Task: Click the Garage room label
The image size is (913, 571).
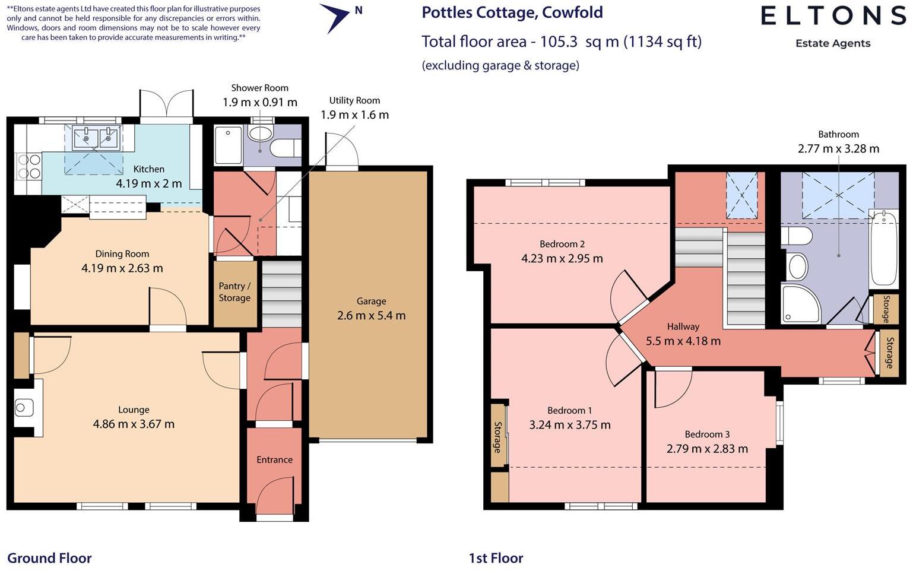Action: [371, 301]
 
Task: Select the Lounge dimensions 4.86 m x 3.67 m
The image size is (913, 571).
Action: [134, 424]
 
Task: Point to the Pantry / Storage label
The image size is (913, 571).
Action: [234, 292]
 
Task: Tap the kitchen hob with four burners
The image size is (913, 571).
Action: [28, 166]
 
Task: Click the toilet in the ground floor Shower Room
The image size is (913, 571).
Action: [286, 147]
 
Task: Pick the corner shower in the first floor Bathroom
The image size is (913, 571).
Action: [799, 304]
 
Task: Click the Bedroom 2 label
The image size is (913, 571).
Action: [562, 244]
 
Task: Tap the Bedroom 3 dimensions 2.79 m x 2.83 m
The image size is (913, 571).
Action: [706, 449]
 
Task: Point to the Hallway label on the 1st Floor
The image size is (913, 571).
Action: [683, 326]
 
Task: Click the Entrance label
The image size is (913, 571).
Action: [274, 459]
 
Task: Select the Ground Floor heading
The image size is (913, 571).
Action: [49, 558]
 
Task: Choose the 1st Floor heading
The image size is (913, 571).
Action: [496, 558]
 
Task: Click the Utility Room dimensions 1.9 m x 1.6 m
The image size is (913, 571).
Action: [354, 115]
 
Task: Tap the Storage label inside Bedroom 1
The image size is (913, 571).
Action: [497, 437]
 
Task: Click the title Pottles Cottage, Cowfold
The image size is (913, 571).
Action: [512, 12]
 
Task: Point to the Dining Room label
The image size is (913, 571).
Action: [122, 253]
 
